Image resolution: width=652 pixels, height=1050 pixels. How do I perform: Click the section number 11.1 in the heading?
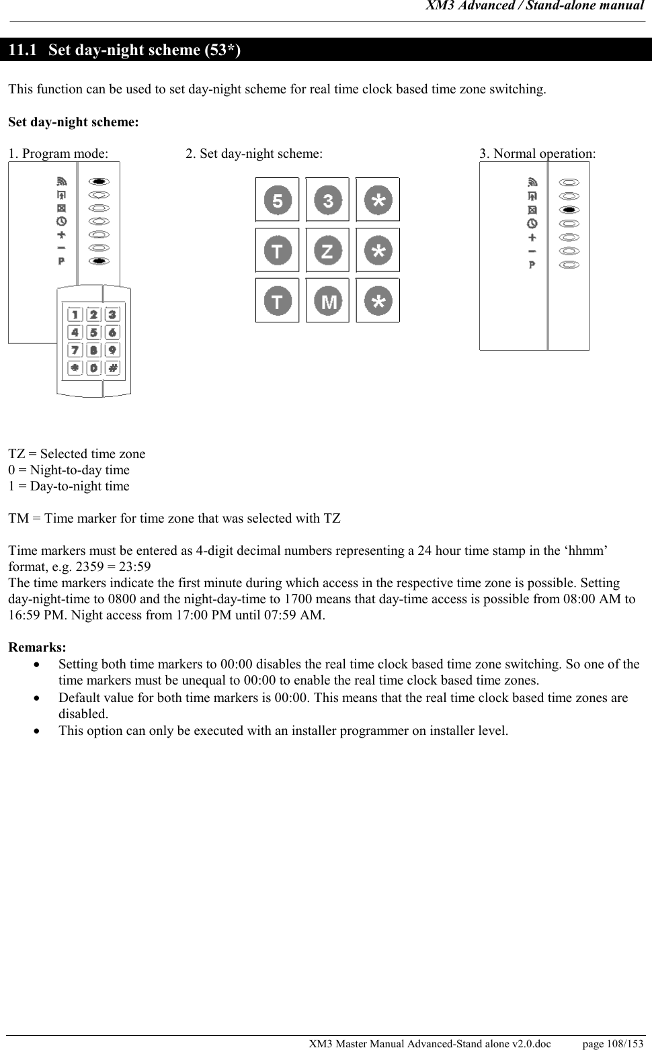point(23,50)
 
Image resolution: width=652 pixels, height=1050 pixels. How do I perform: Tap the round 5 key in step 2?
point(278,200)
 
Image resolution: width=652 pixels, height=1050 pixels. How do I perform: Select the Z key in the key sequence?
point(327,251)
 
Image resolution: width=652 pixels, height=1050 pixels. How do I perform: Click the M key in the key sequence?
point(328,301)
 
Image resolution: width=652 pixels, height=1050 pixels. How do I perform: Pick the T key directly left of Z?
point(278,251)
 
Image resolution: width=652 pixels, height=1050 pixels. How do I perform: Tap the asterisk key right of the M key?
point(378,301)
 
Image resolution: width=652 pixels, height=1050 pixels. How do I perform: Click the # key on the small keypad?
point(112,367)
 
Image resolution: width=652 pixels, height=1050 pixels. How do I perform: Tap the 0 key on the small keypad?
point(93,367)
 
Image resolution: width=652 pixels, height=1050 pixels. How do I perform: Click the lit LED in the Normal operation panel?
point(569,210)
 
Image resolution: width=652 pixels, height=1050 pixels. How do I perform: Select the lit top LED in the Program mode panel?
point(99,181)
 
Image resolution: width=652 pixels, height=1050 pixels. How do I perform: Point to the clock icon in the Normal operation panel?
point(532,223)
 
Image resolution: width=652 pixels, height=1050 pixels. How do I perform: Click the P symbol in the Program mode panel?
point(61,261)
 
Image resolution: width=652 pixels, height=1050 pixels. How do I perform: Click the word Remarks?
point(37,648)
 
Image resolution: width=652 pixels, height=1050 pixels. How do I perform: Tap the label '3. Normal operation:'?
point(537,154)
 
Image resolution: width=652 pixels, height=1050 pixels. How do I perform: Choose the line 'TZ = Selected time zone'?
point(77,454)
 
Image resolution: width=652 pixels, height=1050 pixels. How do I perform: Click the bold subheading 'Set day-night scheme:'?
point(73,122)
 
